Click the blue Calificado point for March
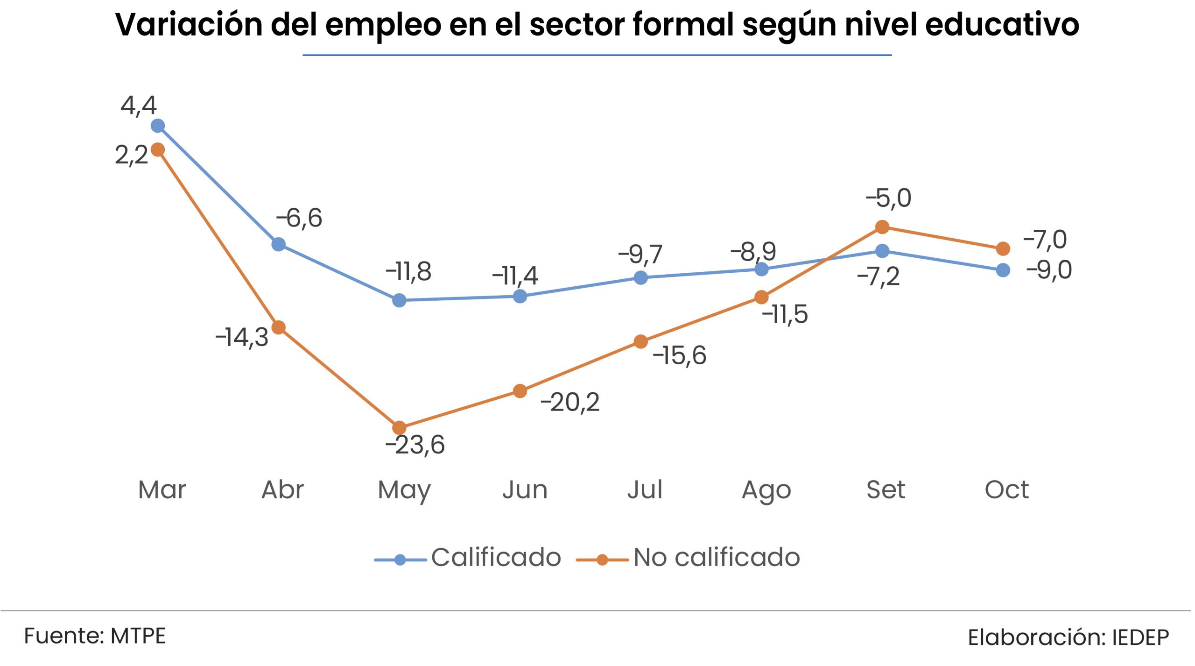(x=158, y=126)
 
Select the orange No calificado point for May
(x=399, y=427)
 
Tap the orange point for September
(x=882, y=227)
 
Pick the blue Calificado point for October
(x=1003, y=270)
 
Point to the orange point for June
(x=520, y=391)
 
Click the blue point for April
(x=279, y=244)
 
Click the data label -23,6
(x=415, y=445)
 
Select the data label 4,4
(x=139, y=106)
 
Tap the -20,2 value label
(x=570, y=402)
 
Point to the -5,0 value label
(x=888, y=198)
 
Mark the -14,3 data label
(x=242, y=337)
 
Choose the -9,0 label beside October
(x=1049, y=270)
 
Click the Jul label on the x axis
(x=645, y=490)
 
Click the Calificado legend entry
(x=496, y=557)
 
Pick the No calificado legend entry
(x=717, y=557)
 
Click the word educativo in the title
(x=1002, y=24)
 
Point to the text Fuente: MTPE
(x=95, y=636)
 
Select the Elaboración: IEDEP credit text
(x=1068, y=638)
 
